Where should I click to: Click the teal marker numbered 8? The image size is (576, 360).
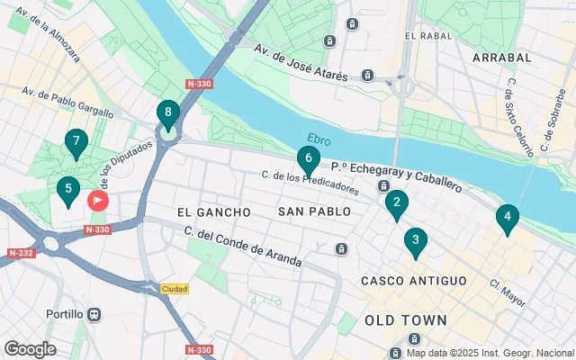[167, 114]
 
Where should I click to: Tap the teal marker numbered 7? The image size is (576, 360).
[76, 142]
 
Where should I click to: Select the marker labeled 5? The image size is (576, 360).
[67, 191]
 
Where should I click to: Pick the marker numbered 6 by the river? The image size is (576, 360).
[308, 160]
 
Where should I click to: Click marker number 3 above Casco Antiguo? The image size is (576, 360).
[415, 241]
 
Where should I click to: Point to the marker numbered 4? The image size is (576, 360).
[508, 218]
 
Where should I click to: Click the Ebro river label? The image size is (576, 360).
[319, 139]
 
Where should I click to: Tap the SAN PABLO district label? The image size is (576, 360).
[310, 212]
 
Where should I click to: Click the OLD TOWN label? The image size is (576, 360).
[406, 320]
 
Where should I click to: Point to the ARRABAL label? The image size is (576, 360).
[500, 58]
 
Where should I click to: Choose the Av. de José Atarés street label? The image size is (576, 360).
[300, 63]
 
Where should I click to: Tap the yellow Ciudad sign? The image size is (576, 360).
[175, 289]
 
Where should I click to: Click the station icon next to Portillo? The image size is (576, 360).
[94, 315]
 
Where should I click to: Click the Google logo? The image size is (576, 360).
[31, 348]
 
